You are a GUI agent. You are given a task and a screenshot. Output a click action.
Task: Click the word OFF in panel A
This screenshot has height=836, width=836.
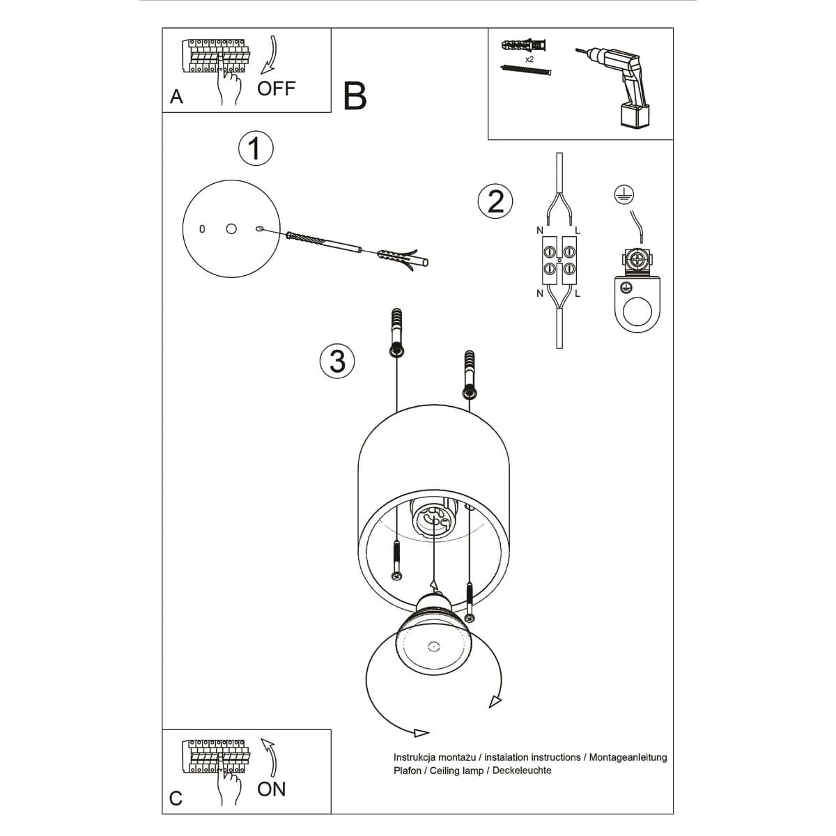pos(277,88)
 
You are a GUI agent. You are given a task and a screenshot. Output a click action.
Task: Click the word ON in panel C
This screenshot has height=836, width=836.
pos(272,789)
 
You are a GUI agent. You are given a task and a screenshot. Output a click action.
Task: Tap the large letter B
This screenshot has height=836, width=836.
pos(355,96)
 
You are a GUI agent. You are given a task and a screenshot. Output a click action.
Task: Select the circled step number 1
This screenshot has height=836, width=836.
pos(256,148)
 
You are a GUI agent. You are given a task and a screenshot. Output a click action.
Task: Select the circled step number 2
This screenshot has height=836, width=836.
pos(495,201)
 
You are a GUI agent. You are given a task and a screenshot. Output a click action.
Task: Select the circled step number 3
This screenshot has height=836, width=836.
pos(337,361)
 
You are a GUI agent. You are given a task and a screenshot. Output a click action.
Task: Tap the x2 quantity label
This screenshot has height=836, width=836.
pos(529,60)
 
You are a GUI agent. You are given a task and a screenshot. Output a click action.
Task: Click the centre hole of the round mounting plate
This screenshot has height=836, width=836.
pos(231,229)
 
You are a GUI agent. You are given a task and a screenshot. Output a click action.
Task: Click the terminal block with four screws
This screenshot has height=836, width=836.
pos(559,258)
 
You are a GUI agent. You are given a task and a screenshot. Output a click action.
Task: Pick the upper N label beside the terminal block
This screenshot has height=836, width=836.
pos(540,231)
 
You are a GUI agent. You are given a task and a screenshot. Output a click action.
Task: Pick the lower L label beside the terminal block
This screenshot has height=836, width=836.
pos(578,293)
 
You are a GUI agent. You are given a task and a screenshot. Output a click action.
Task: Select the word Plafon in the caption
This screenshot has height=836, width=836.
pos(408,770)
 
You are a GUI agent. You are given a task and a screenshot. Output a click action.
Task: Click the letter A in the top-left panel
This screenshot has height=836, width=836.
pos(176,97)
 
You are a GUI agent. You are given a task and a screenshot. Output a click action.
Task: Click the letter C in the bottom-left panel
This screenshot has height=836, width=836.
pos(176,798)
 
